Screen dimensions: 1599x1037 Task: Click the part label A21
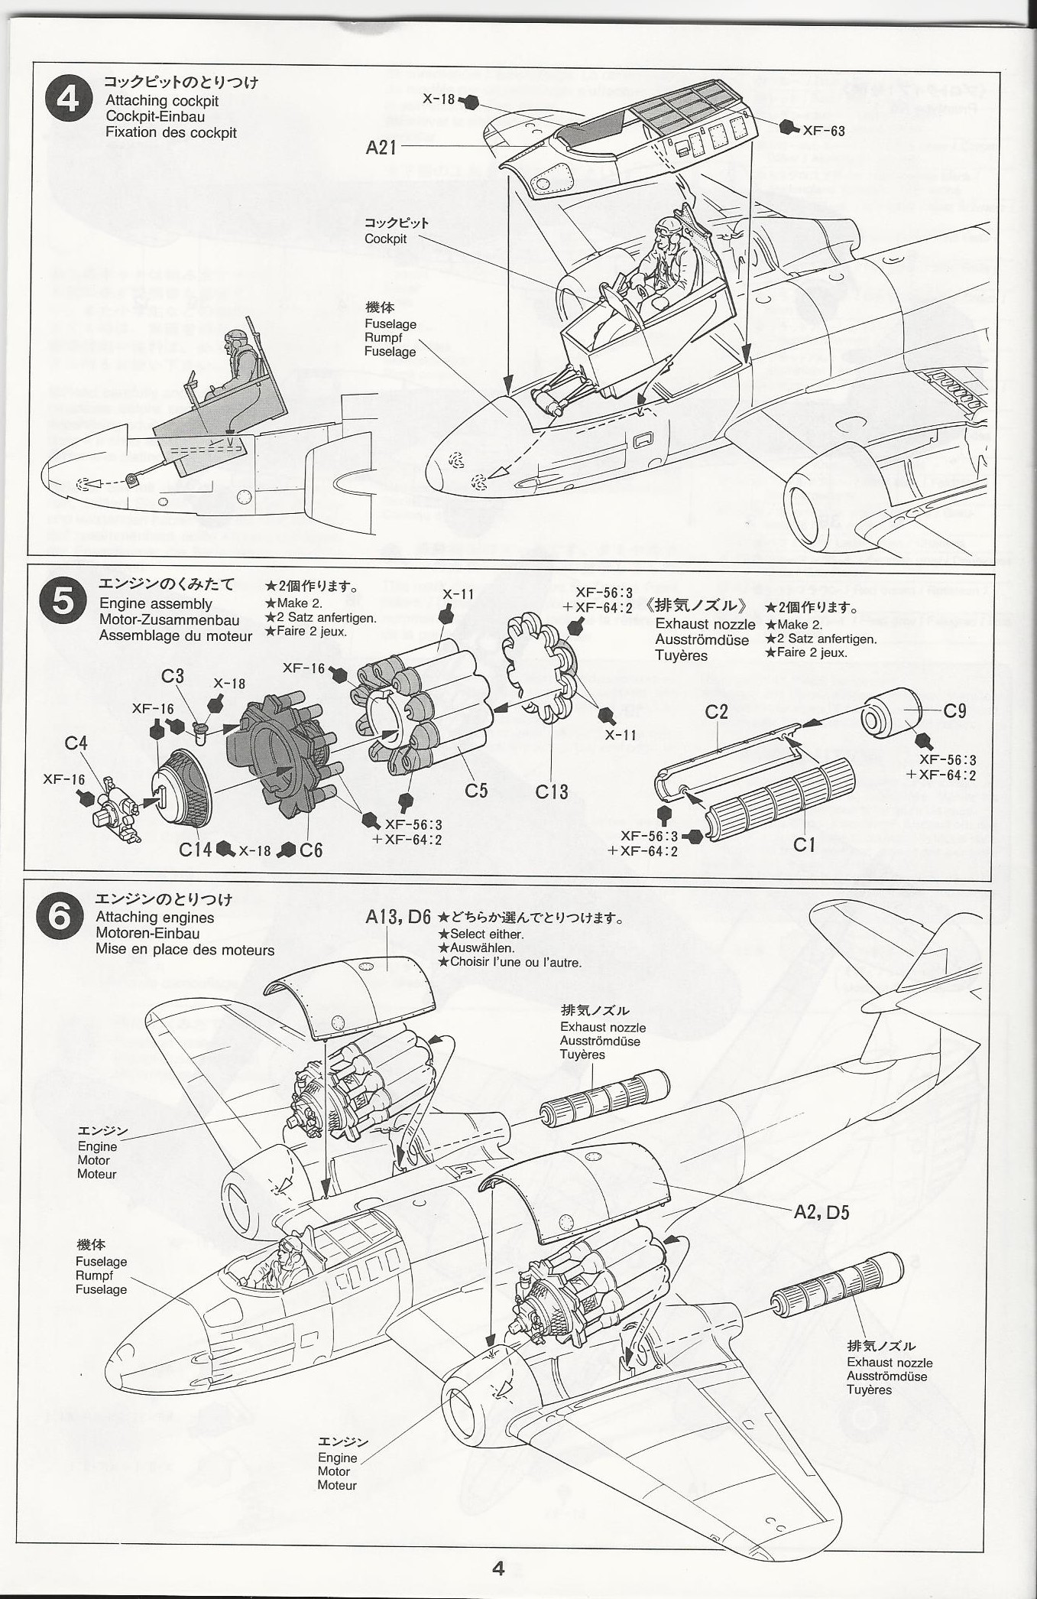381,146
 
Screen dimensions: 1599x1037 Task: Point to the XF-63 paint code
823,131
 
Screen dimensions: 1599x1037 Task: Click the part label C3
173,676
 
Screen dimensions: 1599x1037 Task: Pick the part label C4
76,743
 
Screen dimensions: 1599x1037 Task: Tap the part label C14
196,850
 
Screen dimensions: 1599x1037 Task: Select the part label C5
475,789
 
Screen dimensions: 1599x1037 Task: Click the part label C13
551,791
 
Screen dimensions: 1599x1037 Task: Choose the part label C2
716,711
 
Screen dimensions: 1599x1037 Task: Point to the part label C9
954,710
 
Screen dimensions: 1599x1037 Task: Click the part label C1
804,844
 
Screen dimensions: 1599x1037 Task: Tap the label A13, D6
398,917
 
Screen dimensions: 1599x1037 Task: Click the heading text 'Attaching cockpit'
162,100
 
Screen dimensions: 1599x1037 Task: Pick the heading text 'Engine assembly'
155,604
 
